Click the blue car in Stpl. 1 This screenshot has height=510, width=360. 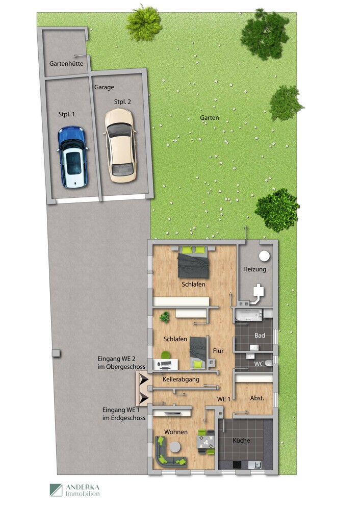click(x=72, y=157)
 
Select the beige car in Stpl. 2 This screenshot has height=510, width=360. click(x=120, y=145)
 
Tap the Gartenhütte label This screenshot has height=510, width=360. click(x=66, y=64)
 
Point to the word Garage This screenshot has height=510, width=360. click(x=104, y=87)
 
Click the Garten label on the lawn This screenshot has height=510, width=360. click(x=210, y=118)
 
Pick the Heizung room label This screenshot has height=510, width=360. click(x=254, y=269)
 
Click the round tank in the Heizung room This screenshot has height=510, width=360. click(x=265, y=256)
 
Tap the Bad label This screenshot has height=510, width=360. click(x=260, y=336)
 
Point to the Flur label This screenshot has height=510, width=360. click(x=218, y=350)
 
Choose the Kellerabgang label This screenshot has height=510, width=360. click(x=181, y=379)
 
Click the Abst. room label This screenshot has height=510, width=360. click(x=257, y=398)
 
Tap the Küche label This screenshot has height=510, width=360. click(x=241, y=440)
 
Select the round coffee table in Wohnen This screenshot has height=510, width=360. click(x=175, y=447)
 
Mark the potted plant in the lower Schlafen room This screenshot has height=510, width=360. click(x=164, y=317)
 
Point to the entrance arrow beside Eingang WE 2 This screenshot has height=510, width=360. click(x=143, y=379)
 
